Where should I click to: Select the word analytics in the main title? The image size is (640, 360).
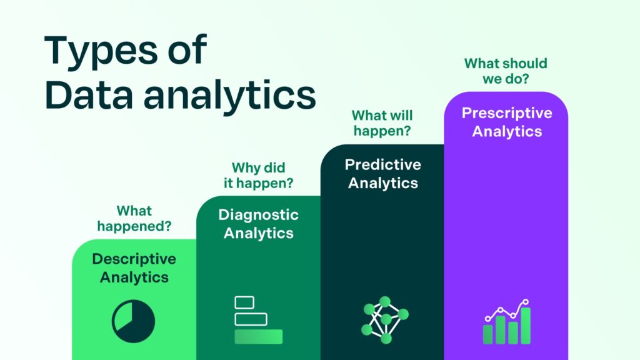coord(229,95)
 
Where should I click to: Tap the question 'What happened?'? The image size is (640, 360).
coord(134,219)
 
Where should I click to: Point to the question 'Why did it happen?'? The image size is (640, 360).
coord(259,176)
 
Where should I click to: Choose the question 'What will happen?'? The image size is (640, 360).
coord(382,124)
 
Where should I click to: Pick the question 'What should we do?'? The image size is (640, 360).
coord(506,72)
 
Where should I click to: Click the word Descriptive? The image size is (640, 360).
coord(134,259)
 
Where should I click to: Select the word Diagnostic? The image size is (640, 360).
coord(259,215)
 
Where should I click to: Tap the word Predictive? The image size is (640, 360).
coord(382,164)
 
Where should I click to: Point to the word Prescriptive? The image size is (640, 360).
coord(507,113)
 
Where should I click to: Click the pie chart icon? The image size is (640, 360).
coord(133,321)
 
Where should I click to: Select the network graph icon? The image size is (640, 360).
coord(384,320)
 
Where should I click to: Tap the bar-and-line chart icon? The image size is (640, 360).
coord(507,322)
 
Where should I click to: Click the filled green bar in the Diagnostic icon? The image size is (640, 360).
coord(258,337)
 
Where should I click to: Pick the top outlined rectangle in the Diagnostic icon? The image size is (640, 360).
coord(244,302)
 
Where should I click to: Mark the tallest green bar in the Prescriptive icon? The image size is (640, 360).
coord(526,326)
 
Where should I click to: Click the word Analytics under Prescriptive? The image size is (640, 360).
coord(507,132)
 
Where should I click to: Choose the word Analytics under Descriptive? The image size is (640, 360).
coord(134,277)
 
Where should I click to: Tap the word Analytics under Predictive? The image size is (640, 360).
coord(382,183)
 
